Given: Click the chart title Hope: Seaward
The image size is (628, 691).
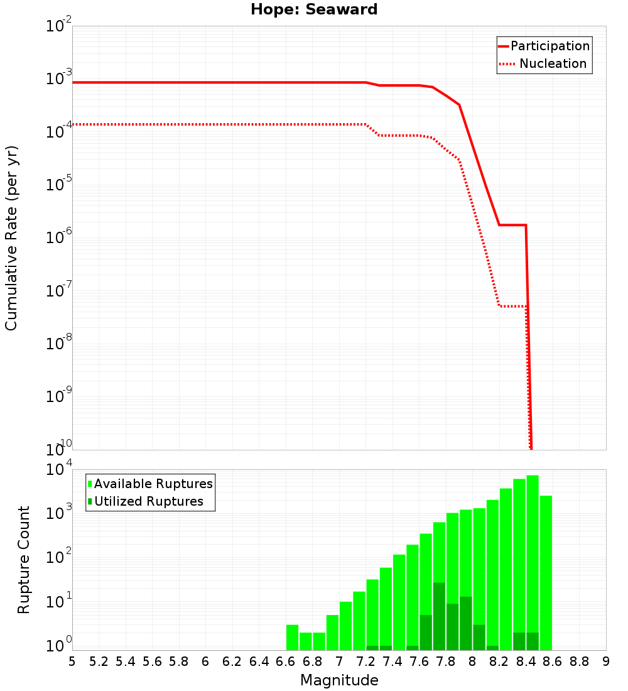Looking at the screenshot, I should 314,10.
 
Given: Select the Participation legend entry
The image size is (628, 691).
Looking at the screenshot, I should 550,46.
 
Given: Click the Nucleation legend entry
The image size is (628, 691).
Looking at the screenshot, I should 553,64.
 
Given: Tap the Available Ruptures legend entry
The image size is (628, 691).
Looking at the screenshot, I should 153,484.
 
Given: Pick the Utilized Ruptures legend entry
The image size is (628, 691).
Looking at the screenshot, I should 148,501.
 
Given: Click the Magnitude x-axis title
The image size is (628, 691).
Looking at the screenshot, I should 339,680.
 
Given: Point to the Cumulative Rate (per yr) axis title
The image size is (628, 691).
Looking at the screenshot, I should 11,238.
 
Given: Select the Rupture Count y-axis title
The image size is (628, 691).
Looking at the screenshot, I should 24,560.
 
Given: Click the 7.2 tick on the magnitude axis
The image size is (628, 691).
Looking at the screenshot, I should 365,661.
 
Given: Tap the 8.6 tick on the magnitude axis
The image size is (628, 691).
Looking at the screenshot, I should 553,661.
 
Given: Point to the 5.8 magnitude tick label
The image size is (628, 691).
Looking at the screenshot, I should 179,661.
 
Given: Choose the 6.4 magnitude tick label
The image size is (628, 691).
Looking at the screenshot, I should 259,661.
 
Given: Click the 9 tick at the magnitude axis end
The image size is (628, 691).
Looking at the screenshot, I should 606,661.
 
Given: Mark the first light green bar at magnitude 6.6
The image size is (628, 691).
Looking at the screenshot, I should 292,638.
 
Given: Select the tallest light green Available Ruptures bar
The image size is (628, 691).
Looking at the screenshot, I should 533,562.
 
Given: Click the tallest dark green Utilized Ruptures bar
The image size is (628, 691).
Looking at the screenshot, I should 439,616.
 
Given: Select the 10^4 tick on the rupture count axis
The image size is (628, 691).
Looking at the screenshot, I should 63,470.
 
